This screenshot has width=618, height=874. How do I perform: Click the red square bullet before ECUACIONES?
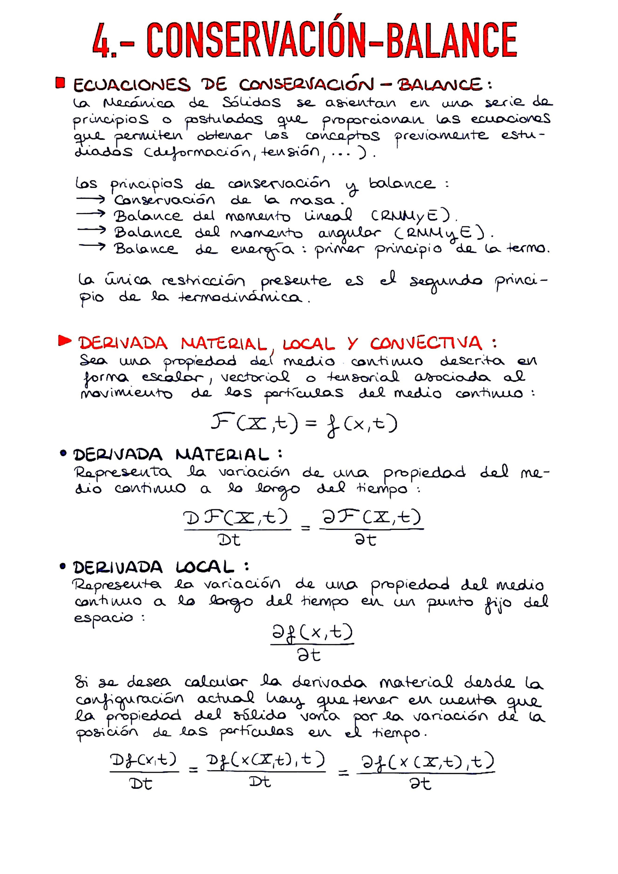(x=60, y=83)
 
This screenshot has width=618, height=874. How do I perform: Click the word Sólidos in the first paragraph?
(x=252, y=102)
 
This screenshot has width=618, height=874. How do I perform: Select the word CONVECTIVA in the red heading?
(x=426, y=344)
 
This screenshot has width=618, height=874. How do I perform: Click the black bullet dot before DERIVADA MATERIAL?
(x=63, y=454)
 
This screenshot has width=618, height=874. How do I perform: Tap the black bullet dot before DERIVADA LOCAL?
(x=63, y=566)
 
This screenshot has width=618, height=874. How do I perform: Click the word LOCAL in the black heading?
(x=205, y=568)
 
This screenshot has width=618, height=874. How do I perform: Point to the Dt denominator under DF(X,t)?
(x=229, y=540)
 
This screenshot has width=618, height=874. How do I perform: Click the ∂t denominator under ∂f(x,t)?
(x=309, y=655)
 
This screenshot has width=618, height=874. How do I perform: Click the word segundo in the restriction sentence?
(x=446, y=282)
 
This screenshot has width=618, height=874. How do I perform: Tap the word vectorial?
(x=255, y=377)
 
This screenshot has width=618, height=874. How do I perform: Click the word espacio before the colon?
(x=104, y=618)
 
